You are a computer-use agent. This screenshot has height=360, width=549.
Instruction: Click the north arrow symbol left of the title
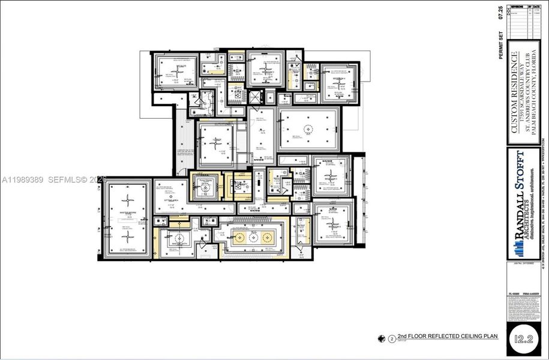381,338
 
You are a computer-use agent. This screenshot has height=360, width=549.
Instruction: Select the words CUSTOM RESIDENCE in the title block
514,93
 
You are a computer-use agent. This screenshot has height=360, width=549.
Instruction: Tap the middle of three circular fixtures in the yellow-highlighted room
253,238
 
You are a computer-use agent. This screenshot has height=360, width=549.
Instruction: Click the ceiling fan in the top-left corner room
176,71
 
